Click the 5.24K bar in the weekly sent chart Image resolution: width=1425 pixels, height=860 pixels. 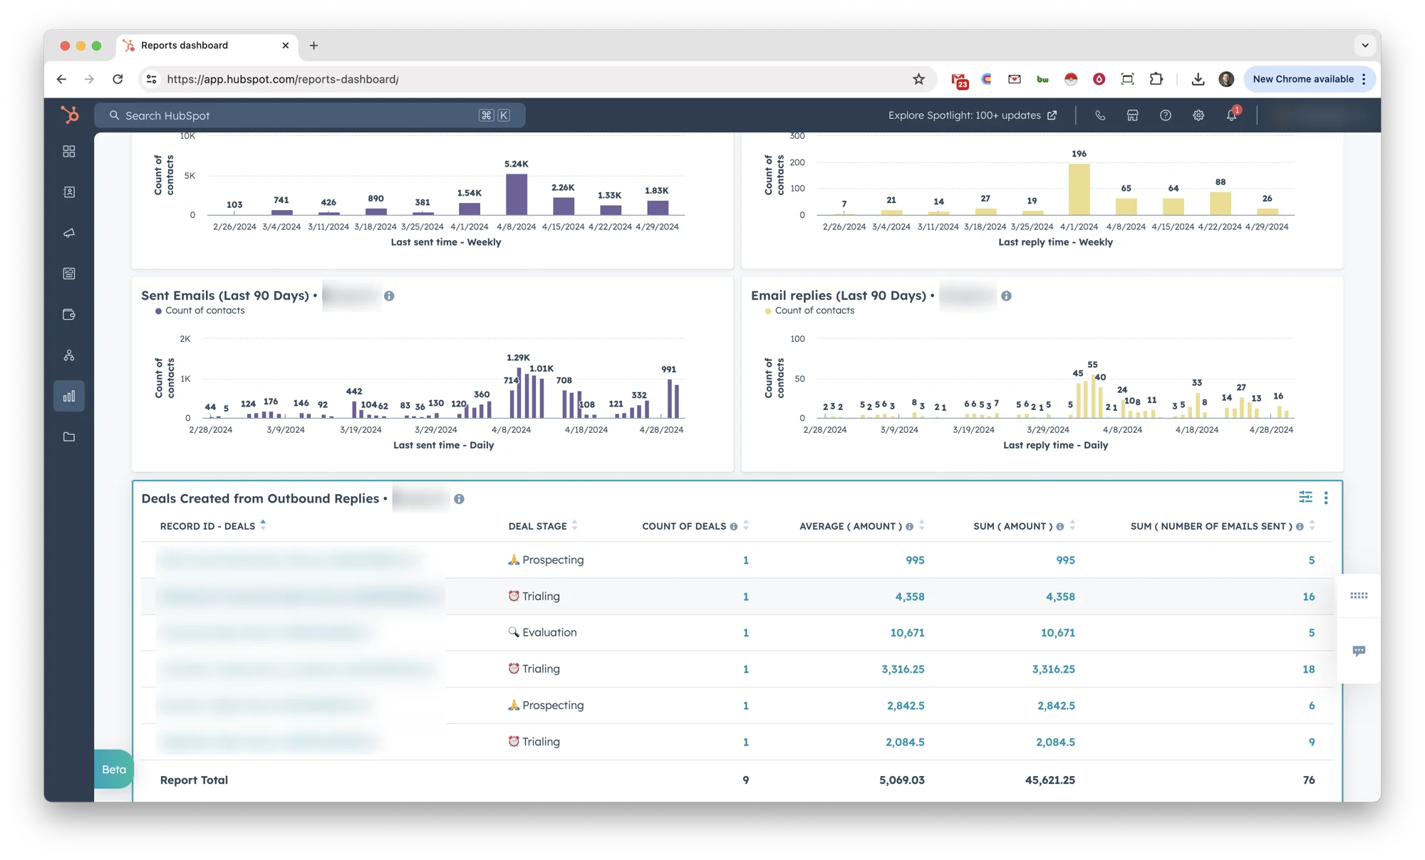pyautogui.click(x=517, y=195)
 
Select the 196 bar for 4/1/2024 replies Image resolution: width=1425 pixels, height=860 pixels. pyautogui.click(x=1079, y=189)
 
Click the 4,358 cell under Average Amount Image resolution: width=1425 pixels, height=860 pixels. pyautogui.click(x=909, y=597)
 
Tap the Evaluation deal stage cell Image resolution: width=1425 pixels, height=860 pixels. pyautogui.click(x=549, y=632)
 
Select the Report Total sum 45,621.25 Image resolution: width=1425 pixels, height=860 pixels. pyautogui.click(x=1050, y=780)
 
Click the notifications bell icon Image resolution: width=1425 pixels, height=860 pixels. pyautogui.click(x=1231, y=115)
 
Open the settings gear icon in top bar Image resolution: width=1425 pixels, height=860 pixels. pyautogui.click(x=1198, y=115)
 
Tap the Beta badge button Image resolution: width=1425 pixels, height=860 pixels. pyautogui.click(x=114, y=770)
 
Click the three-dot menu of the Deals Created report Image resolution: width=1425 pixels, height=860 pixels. pyautogui.click(x=1326, y=498)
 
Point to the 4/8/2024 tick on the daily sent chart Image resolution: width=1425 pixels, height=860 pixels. pyautogui.click(x=511, y=430)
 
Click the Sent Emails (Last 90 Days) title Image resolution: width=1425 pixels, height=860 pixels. pyautogui.click(x=225, y=295)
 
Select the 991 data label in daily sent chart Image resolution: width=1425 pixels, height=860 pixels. pyautogui.click(x=668, y=369)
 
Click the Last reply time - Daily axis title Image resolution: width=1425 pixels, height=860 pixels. pyautogui.click(x=1055, y=445)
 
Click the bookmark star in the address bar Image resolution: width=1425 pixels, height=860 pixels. pyautogui.click(x=918, y=79)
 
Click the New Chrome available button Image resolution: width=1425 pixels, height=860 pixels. pyautogui.click(x=1303, y=79)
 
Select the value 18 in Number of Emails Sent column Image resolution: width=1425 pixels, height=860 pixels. pyautogui.click(x=1308, y=669)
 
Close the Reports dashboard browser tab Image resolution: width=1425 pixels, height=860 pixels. pyautogui.click(x=286, y=46)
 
